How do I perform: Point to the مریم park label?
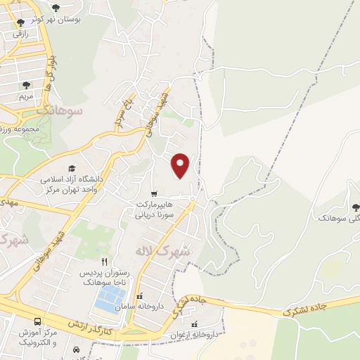[26, 95]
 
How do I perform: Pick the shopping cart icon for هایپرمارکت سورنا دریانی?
[154, 193]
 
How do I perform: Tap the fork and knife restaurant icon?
[104, 260]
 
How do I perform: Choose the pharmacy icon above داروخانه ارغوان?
[193, 324]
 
